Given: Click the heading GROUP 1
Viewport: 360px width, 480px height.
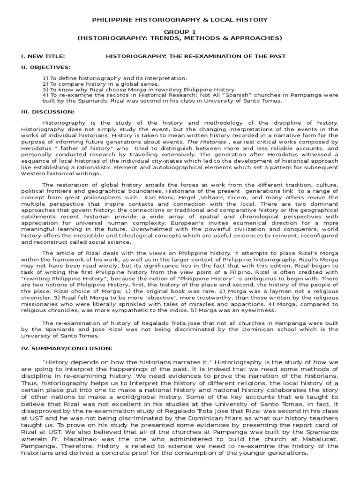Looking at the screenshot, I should click(180, 31).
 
